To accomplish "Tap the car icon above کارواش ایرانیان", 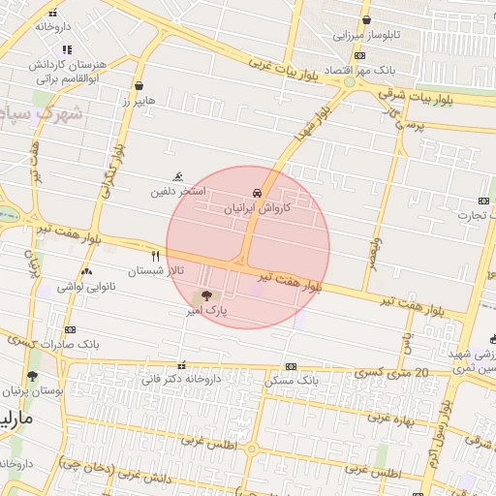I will [255, 193].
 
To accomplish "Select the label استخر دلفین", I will [177, 192].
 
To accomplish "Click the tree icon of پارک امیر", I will [203, 296].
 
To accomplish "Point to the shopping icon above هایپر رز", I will [139, 85].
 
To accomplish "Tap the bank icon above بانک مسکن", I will [291, 366].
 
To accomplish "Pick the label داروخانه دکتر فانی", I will [181, 380].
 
